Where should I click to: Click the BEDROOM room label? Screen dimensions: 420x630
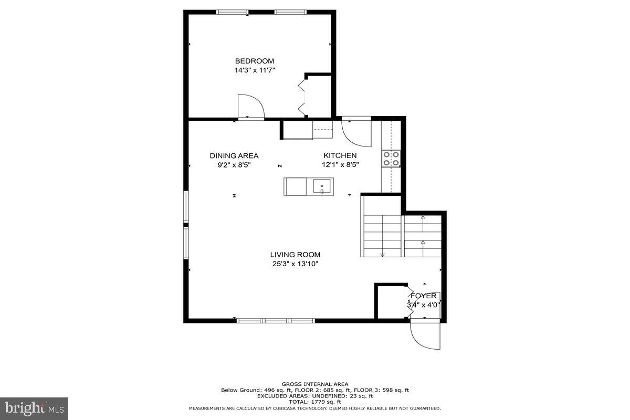coord(254,61)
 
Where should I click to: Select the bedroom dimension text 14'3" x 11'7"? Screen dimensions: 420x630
coord(255,70)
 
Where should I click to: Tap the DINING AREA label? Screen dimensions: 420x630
coord(234,155)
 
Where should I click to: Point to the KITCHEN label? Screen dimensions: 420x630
coord(340,155)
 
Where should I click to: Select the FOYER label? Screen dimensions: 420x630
coord(423,296)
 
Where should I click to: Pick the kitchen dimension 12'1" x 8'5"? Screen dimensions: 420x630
coord(340,164)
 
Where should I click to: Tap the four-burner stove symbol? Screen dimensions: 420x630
coord(391,159)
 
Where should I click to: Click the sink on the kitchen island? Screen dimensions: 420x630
coord(322,186)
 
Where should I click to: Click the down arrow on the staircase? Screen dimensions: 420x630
coord(382,255)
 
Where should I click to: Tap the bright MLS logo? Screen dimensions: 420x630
coord(34,407)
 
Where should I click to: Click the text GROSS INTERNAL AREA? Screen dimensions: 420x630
coord(314,384)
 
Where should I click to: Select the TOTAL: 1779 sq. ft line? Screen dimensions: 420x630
coord(314,402)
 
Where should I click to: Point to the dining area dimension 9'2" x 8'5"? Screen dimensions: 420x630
coord(234,164)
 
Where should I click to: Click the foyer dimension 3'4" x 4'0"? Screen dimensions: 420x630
coord(423,304)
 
